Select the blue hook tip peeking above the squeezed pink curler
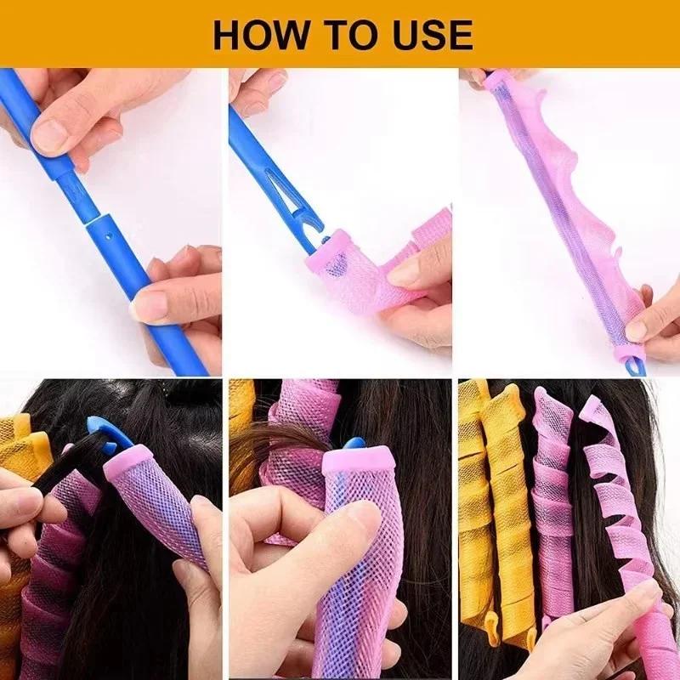354,444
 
